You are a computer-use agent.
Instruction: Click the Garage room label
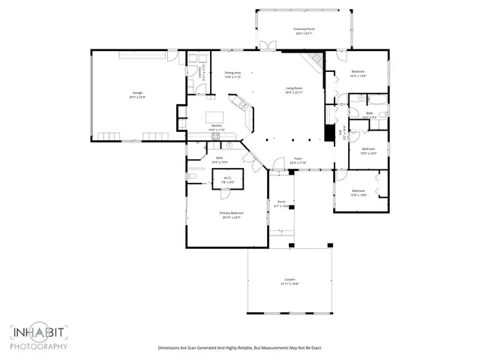tap(136, 93)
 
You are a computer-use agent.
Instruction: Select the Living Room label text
tap(293, 88)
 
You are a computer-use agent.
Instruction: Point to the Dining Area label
tap(232, 73)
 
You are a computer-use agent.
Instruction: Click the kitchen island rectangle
tap(210, 98)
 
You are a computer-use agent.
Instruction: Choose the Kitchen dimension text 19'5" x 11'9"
tap(217, 130)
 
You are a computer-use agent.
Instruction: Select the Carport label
tap(289, 279)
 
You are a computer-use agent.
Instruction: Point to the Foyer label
tap(298, 158)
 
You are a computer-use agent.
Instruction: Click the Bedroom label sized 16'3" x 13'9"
tap(358, 72)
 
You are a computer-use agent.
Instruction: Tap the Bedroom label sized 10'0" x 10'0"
tap(369, 149)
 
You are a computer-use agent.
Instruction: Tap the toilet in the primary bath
tap(192, 176)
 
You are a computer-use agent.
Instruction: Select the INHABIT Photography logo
tap(39, 337)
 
